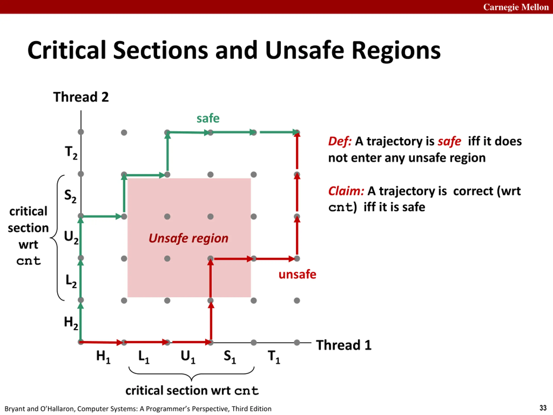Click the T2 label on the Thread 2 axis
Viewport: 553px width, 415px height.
tap(71, 152)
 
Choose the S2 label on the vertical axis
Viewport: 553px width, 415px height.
tap(70, 196)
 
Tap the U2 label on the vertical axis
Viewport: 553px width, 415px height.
tap(71, 237)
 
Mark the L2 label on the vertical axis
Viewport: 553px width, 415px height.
tap(71, 281)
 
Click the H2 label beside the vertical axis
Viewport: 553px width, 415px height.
tap(71, 322)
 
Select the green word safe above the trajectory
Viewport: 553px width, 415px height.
tap(208, 118)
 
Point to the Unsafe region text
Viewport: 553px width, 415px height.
tap(189, 238)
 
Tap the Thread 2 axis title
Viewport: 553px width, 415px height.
tap(81, 97)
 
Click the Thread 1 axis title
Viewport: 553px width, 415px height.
tap(344, 345)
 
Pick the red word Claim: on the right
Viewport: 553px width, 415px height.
tap(346, 191)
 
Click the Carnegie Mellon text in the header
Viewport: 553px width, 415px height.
tap(516, 7)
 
